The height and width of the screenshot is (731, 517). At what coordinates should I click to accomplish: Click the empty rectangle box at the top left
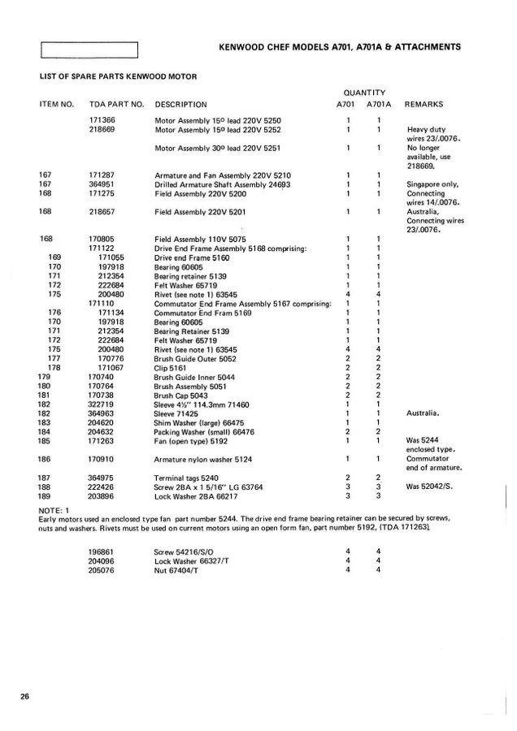click(90, 50)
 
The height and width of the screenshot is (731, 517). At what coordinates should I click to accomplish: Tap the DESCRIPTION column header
click(180, 105)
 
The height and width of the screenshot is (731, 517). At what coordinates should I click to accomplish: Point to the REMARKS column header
click(424, 105)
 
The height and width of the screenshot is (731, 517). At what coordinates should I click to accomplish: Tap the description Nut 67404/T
click(178, 569)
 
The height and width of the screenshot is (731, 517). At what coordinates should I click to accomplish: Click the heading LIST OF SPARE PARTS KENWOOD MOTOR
click(117, 76)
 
